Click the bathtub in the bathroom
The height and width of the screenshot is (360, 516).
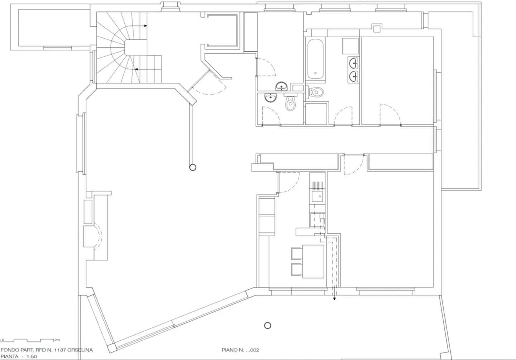(x=315, y=59)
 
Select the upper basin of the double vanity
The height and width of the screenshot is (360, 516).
(x=353, y=63)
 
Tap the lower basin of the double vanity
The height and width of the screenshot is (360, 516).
(x=353, y=76)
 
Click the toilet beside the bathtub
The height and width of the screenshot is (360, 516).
(x=316, y=92)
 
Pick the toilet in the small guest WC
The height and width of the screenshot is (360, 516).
(x=291, y=103)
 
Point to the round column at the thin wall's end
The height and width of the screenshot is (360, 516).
(x=193, y=167)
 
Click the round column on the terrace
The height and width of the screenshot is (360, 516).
(x=267, y=326)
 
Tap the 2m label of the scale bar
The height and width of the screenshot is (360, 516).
(x=57, y=340)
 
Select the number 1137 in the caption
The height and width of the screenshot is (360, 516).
(x=59, y=350)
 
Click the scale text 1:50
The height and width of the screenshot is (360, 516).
(x=32, y=356)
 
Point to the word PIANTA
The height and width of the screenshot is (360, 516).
(x=9, y=356)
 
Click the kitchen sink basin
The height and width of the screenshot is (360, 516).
(x=317, y=196)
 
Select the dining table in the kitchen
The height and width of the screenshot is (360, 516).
(x=313, y=261)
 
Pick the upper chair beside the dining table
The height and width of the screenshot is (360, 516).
(x=297, y=254)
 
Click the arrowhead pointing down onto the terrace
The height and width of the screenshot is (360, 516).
(x=334, y=299)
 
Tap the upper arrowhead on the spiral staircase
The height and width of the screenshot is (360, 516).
(x=145, y=25)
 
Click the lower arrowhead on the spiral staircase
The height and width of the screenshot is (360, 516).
(x=136, y=69)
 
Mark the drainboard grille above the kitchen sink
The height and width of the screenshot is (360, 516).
(x=317, y=185)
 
